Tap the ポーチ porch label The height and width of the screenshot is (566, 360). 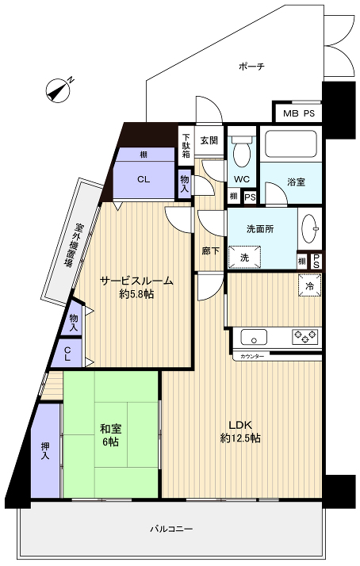pos(251,67)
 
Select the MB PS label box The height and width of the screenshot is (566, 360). pos(299,113)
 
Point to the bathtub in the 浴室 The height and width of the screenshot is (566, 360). pos(290,144)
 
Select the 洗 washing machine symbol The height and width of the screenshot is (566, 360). pos(244,257)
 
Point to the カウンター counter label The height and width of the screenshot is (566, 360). pos(251,357)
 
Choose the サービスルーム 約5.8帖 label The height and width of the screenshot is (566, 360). pos(136,287)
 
